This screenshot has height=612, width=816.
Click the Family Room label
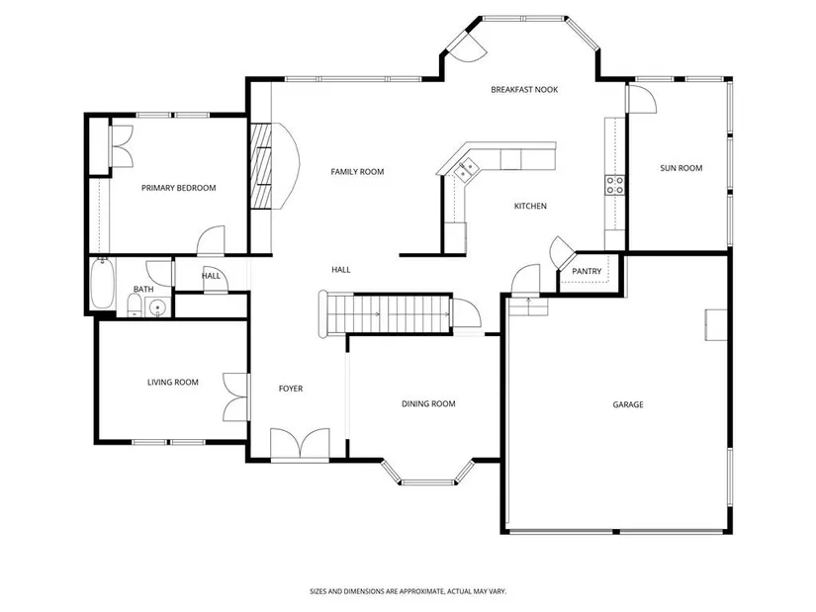pos(357,172)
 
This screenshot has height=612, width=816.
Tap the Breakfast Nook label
pos(524,90)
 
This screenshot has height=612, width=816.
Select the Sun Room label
pos(680,168)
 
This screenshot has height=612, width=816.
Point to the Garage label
pos(628,404)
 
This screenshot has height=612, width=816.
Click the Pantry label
pos(587,271)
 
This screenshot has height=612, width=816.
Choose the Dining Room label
pos(428,403)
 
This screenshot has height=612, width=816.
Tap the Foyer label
pos(291,389)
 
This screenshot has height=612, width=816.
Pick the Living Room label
pos(173,382)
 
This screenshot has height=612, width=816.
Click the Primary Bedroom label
pos(178,188)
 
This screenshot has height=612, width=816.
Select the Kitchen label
pos(530,206)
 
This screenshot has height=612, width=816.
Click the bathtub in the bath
pos(103,284)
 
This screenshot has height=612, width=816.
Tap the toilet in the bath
pos(135,306)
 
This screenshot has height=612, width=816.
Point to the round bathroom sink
pos(156,307)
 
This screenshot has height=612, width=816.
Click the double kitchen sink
pos(466,169)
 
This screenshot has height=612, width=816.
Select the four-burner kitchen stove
pos(614,185)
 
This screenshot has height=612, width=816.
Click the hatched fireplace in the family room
pos(261,166)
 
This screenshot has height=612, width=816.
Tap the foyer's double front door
pos(300,445)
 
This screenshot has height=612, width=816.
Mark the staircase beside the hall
pos(385,313)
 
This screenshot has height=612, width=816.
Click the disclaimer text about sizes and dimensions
pos(408,591)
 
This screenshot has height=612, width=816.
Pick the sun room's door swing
pos(642,99)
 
